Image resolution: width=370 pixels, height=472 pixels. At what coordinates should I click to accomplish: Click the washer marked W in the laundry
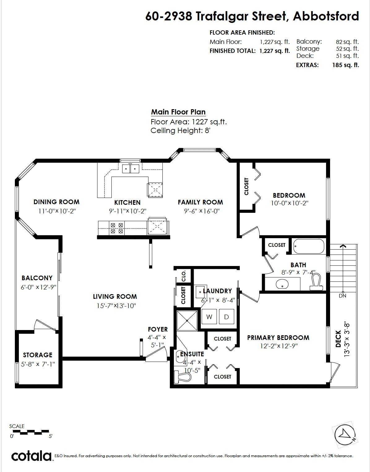(209, 316)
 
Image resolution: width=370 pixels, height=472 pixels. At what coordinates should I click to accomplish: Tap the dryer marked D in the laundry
(226, 316)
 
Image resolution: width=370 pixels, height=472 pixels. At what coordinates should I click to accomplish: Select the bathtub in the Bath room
(308, 246)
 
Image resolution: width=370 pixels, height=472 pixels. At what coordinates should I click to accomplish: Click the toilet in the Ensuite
(183, 377)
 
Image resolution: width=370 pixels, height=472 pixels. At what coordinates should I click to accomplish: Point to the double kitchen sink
(130, 169)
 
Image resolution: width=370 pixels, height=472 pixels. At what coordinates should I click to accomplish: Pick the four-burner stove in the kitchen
(117, 228)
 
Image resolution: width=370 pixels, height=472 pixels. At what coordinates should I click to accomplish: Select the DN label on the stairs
(342, 296)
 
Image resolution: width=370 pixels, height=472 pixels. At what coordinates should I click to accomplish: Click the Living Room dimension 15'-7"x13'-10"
(116, 306)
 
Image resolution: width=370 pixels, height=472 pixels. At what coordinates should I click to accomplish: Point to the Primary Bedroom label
(278, 337)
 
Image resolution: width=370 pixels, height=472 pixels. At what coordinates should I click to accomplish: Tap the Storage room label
(37, 355)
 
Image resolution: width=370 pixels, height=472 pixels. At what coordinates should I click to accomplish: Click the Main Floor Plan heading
(178, 112)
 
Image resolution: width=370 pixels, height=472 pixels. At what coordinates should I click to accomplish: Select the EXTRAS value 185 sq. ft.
(346, 65)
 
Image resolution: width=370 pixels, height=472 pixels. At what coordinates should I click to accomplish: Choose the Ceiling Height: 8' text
(180, 131)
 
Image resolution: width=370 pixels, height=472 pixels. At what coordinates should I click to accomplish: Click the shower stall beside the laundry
(187, 321)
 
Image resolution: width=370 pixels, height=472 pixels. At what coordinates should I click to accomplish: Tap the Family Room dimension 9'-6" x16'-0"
(202, 211)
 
